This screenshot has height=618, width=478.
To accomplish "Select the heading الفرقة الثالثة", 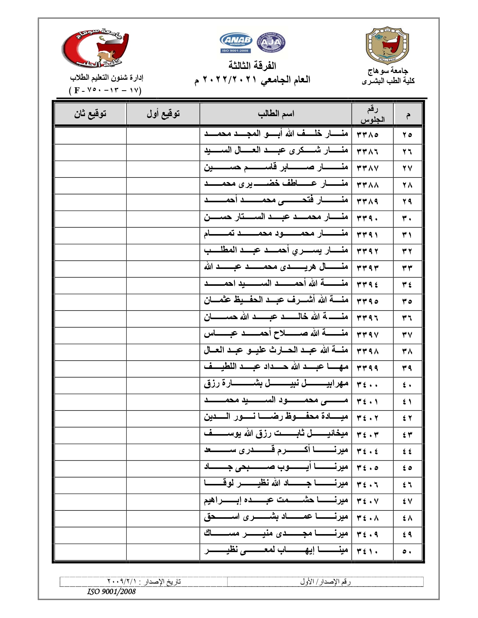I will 252,66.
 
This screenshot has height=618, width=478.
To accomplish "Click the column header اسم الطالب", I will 276,114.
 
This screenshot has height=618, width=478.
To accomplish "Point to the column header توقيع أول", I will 163,114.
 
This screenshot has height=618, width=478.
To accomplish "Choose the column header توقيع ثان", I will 90,114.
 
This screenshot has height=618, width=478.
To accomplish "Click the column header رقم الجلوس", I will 372,114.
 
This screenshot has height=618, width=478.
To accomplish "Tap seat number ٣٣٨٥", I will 367,134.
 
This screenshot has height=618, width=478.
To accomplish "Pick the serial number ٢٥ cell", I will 408,134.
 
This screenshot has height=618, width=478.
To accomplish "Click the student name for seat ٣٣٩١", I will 276,234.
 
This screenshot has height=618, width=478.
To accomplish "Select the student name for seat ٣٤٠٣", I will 276,434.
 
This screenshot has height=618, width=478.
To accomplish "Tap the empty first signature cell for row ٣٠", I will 163,218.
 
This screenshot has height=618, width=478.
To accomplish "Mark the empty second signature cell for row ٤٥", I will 90,468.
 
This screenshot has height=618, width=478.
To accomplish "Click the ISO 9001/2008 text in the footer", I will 111,591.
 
